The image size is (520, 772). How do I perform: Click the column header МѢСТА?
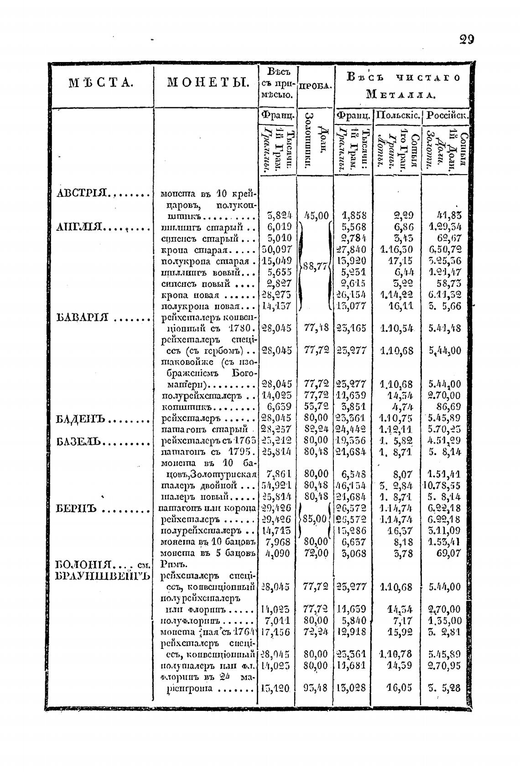[101, 83]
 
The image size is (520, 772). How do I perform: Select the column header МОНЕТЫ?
[207, 83]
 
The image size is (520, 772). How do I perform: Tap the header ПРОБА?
[315, 86]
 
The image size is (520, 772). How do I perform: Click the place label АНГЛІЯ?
[80, 227]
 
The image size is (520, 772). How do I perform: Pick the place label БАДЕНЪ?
[81, 418]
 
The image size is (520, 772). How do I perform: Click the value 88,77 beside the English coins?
[316, 266]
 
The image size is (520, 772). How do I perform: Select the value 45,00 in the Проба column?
[316, 215]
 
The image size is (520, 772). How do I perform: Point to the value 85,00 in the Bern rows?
[315, 519]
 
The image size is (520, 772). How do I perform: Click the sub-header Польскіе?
[397, 116]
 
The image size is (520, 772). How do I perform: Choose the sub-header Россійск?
[446, 116]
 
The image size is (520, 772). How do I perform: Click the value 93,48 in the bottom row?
[316, 688]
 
